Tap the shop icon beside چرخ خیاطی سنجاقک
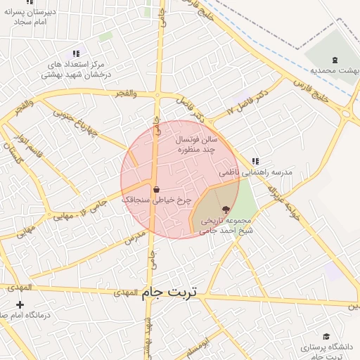[155, 189]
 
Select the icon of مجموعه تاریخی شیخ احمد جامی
[226, 209]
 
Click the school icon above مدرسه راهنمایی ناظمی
[255, 161]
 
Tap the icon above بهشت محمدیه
[335, 59]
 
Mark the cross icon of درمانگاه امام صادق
[20, 304]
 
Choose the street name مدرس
[134, 236]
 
